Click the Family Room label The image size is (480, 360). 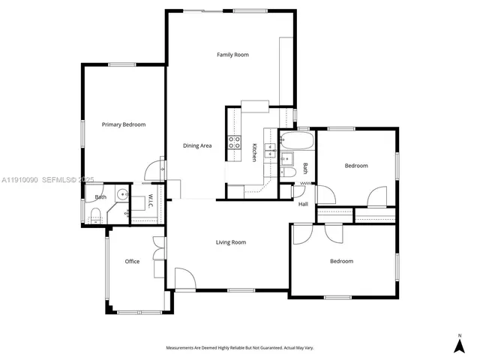click(x=232, y=55)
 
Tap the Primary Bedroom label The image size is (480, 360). click(x=124, y=124)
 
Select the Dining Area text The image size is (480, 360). click(x=197, y=145)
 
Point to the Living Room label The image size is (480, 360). click(x=231, y=242)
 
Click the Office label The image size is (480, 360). click(x=132, y=262)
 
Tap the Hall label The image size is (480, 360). click(x=303, y=204)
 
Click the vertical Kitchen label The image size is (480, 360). click(x=254, y=151)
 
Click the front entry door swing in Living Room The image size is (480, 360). click(x=184, y=279)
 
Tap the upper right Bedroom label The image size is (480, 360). click(x=356, y=166)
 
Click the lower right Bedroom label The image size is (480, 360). click(x=341, y=261)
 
